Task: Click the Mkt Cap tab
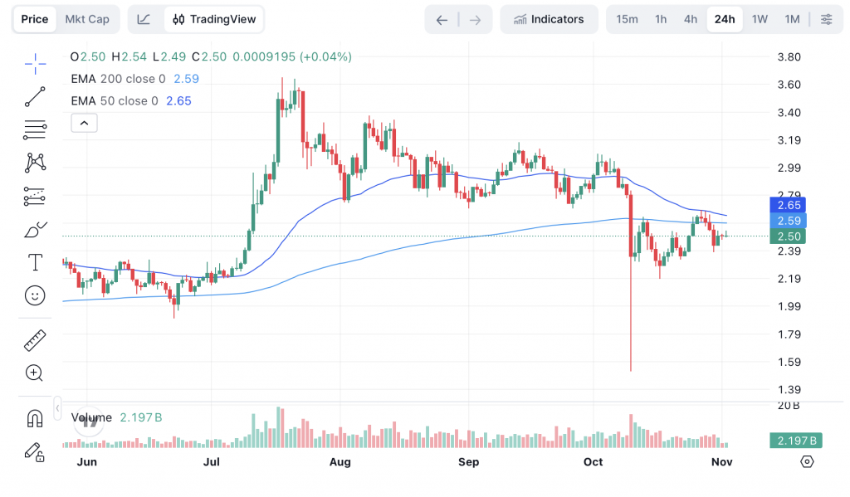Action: [87, 19]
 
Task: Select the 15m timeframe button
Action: [628, 19]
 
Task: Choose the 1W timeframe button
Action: [760, 19]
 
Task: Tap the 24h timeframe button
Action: [725, 19]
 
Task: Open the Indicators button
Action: [549, 19]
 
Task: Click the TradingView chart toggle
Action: [214, 19]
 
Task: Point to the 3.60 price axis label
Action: [789, 85]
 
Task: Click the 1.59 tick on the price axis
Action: [789, 362]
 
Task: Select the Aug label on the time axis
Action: [340, 461]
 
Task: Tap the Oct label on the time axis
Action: [593, 461]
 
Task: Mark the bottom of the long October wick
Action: [631, 370]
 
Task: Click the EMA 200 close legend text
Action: [118, 79]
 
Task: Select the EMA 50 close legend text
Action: [115, 101]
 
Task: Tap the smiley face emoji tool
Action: [35, 295]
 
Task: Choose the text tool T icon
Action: [35, 263]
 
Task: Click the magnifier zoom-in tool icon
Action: [35, 373]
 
